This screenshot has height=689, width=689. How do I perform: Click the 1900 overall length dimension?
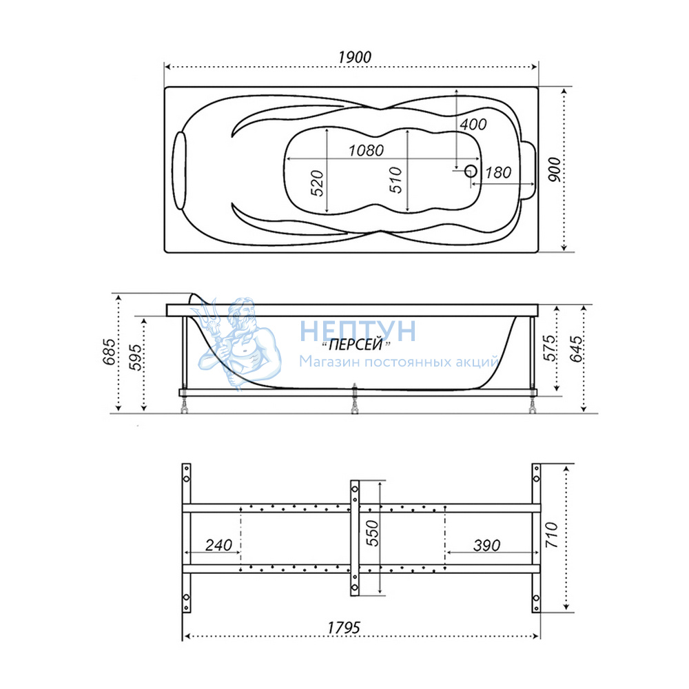tap(355, 57)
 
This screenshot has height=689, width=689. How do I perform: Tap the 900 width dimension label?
tap(555, 169)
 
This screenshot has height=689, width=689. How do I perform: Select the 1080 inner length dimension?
tap(366, 151)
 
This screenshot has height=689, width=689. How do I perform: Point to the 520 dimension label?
tap(317, 183)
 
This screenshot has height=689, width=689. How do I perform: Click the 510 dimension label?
tap(395, 180)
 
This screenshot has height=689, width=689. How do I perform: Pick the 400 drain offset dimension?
tap(473, 124)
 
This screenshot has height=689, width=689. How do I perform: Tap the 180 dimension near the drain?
tap(498, 173)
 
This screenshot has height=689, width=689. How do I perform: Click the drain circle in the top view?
tap(471, 171)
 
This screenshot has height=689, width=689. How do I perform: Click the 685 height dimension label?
tap(109, 351)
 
